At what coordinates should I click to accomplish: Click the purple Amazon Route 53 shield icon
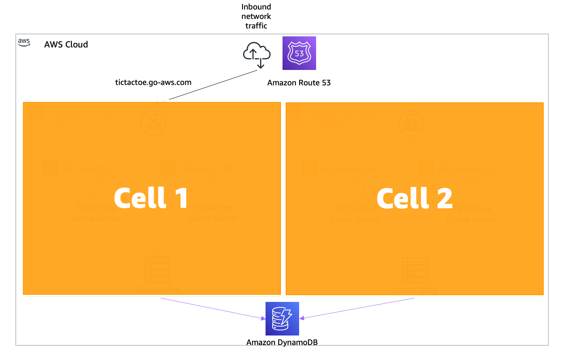pos(299,53)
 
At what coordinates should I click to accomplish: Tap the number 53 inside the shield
pos(299,53)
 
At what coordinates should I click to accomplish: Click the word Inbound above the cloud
pos(256,7)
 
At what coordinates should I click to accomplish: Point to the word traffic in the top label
pos(256,26)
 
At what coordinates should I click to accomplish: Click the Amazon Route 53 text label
pos(299,83)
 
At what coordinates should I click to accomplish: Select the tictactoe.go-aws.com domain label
pos(153,82)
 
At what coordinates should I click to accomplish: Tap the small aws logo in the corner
pos(24,42)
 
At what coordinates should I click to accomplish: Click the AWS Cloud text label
pos(66,44)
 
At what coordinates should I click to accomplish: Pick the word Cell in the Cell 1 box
pos(140,198)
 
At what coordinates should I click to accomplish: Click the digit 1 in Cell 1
pos(181,198)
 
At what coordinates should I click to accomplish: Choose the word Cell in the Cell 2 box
pos(403,198)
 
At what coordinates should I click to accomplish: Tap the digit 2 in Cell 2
pos(445,198)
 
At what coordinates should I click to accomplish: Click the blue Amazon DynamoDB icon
pos(282,319)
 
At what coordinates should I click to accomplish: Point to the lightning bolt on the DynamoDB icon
pos(286,316)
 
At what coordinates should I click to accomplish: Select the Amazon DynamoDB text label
pos(282,342)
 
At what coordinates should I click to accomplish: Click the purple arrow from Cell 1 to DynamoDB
pos(213,309)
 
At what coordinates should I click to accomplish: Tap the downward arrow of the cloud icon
pos(260,63)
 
